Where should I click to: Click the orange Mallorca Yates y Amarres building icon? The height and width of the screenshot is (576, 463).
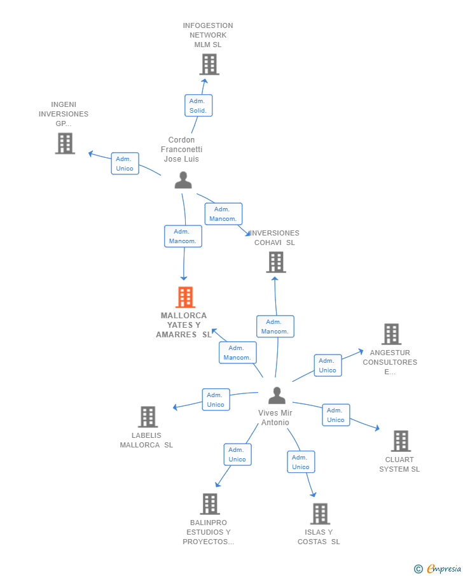click(186, 297)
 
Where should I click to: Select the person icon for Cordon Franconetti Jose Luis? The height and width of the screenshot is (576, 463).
click(183, 180)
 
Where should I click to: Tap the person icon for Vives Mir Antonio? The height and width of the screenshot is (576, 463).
click(277, 395)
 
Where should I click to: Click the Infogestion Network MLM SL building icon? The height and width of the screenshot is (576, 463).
click(209, 64)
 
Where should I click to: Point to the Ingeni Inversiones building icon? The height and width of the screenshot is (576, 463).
click(65, 143)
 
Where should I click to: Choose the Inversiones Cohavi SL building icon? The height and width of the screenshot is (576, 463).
click(276, 262)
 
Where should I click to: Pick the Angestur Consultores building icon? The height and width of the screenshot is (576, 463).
click(391, 334)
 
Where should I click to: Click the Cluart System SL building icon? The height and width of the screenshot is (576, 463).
click(401, 441)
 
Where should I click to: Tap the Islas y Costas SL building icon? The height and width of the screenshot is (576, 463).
click(320, 514)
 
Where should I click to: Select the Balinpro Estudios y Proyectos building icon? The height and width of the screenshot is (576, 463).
click(210, 504)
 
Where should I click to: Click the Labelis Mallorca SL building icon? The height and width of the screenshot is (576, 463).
click(148, 417)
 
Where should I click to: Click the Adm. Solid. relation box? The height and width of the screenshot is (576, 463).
click(198, 106)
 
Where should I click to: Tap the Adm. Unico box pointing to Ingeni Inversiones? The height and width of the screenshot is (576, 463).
click(125, 164)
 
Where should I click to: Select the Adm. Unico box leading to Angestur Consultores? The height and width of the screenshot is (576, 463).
click(328, 365)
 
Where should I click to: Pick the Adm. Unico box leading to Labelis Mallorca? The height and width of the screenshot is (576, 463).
click(216, 400)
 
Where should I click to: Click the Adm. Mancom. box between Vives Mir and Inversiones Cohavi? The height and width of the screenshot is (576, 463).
click(275, 327)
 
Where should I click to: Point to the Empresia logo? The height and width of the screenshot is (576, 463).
click(438, 568)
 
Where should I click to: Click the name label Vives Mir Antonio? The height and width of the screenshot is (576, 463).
click(275, 418)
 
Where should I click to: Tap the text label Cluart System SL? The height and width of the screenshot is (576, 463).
click(399, 465)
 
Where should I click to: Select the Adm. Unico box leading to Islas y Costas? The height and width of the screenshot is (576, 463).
click(301, 462)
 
